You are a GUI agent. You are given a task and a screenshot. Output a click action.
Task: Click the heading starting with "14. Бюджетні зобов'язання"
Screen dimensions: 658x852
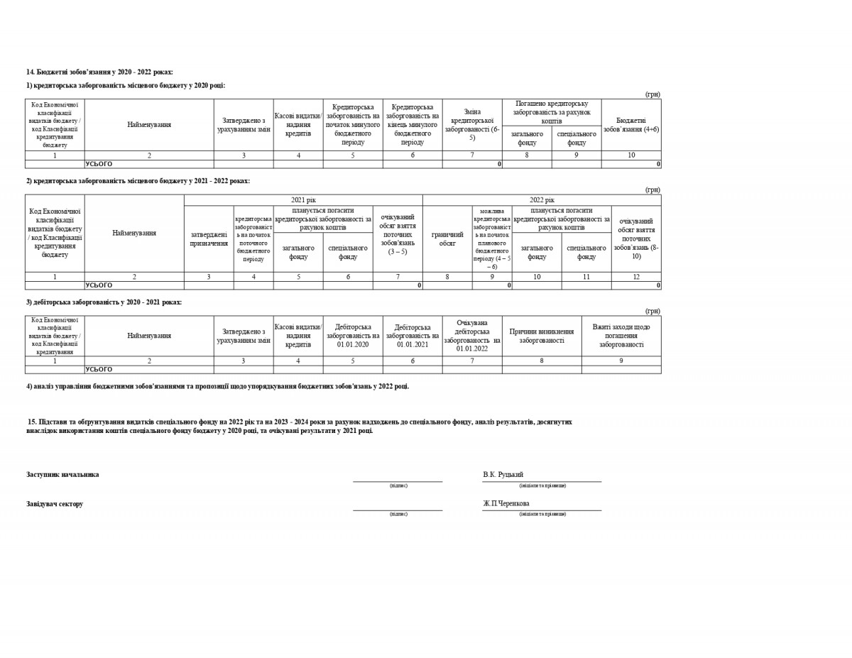(99, 72)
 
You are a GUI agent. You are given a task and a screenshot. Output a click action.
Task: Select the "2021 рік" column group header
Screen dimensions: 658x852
(303, 200)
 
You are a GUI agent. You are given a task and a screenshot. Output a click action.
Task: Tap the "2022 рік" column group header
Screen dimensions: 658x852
(542, 200)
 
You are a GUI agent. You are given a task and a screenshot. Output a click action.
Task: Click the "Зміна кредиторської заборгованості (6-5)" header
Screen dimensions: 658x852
(472, 124)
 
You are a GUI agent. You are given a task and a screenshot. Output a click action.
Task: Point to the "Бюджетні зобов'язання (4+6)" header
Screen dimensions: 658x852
(631, 124)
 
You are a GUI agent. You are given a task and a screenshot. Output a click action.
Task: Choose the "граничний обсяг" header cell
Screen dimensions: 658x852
(447, 238)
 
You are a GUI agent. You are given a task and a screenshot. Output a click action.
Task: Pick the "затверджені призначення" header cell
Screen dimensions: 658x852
(209, 238)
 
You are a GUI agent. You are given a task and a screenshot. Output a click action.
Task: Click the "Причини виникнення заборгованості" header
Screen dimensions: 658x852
(542, 336)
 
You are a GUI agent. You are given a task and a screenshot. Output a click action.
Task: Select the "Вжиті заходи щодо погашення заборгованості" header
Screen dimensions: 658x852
(621, 336)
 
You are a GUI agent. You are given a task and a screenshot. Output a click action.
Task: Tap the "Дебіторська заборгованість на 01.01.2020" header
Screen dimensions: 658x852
(353, 336)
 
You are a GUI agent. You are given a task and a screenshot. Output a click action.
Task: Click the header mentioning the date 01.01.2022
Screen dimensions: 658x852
(472, 336)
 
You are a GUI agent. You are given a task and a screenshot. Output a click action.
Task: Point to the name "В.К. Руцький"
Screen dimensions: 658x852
(503, 474)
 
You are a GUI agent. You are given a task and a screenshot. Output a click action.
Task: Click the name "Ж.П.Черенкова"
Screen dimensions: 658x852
(506, 503)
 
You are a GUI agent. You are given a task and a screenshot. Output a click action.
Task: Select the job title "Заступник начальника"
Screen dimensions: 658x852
(62, 474)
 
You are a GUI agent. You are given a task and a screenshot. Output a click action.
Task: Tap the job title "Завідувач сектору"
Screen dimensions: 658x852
(55, 504)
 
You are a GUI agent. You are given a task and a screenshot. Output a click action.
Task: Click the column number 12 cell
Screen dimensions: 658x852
(636, 277)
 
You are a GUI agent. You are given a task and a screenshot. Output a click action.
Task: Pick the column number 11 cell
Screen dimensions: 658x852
(586, 277)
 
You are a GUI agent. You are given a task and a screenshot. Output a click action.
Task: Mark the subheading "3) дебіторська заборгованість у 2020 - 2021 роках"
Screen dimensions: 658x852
(104, 302)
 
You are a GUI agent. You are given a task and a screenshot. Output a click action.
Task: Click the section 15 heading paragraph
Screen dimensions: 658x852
(299, 426)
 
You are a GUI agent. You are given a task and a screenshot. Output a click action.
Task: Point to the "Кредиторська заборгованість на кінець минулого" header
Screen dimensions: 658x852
(413, 124)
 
